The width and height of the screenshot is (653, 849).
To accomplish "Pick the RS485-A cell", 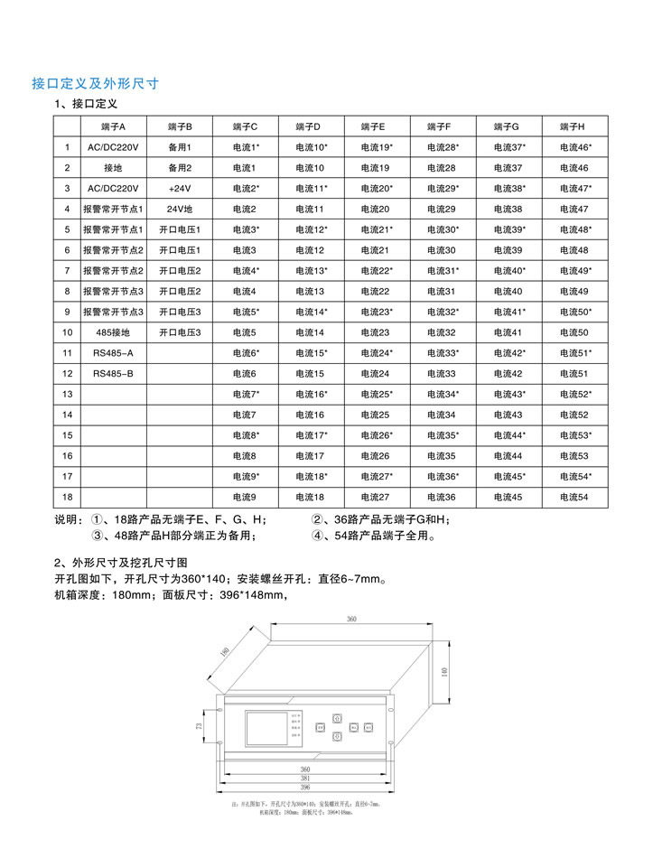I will tap(113, 352).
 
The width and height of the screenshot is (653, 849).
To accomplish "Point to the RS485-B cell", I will tap(113, 373).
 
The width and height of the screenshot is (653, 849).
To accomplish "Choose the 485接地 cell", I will tap(113, 332).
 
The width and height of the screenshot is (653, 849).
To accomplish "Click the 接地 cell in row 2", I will tap(113, 168).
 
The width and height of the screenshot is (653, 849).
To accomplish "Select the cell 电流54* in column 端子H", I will tap(575, 476).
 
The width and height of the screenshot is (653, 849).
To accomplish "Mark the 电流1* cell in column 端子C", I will tap(246, 147).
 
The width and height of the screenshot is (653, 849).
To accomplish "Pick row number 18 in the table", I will tap(67, 497).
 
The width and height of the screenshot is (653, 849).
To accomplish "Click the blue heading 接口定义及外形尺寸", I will tap(96, 83).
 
